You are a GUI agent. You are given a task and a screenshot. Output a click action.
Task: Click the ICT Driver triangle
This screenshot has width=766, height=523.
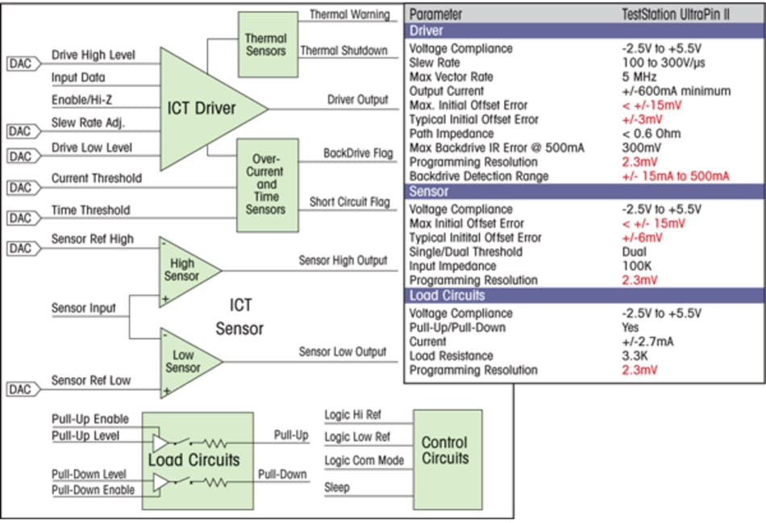[198, 107]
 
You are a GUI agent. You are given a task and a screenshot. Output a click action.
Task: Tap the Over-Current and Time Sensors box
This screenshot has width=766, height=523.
[265, 185]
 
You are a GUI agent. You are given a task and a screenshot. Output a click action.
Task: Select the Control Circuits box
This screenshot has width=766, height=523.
[445, 450]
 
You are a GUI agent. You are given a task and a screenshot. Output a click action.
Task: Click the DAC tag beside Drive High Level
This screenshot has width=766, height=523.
[23, 63]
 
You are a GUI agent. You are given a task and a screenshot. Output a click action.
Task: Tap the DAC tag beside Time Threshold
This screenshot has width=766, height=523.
[23, 218]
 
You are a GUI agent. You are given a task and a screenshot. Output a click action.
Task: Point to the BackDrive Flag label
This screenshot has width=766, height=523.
[357, 152]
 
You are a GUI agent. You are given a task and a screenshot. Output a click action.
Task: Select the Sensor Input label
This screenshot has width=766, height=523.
[84, 308]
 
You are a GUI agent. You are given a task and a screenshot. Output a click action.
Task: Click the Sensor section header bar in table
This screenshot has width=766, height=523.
[584, 192]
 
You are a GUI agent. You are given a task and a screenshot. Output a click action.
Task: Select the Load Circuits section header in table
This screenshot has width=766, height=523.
[584, 296]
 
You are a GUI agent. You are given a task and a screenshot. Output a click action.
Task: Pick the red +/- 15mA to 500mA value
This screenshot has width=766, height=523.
[675, 176]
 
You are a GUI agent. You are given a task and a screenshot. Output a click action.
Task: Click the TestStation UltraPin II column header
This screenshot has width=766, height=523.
[676, 15]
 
